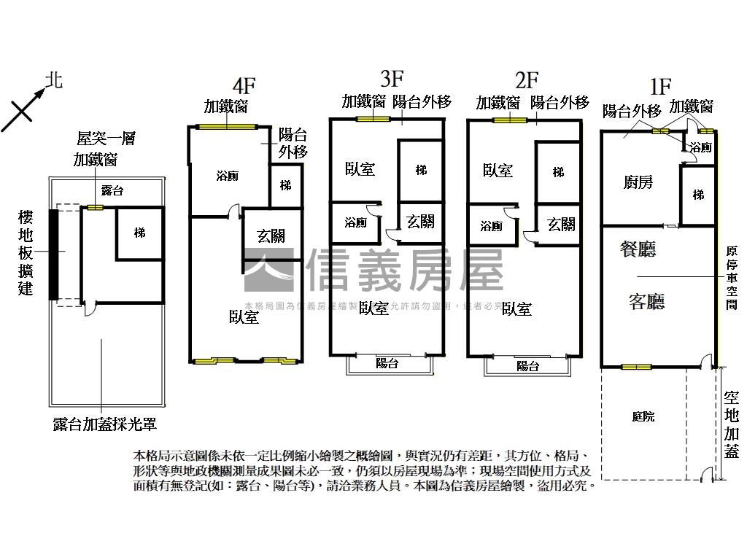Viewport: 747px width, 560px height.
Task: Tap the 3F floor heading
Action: point(392,77)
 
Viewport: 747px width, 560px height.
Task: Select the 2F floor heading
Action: point(526,79)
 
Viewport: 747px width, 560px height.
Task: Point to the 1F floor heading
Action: point(659,87)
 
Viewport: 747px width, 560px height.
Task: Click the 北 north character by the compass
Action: point(54,79)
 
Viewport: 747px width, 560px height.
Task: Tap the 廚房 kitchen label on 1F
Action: point(638,182)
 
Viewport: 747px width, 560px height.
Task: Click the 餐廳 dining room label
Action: point(638,249)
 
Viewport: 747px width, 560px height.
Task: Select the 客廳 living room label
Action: point(646,300)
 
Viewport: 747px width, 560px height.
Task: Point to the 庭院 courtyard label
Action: point(643,416)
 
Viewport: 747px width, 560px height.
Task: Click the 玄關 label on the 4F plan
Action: point(271,236)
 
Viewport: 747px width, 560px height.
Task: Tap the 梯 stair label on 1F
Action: point(698,195)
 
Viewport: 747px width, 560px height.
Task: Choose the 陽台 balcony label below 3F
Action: point(387,363)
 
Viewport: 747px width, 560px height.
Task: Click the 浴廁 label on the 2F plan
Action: point(492,226)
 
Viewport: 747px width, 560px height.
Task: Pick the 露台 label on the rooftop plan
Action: point(112,191)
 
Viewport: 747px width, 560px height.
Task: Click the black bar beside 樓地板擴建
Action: point(53,254)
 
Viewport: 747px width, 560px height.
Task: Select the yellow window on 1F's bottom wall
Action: point(635,366)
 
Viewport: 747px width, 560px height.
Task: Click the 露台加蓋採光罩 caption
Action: point(105,424)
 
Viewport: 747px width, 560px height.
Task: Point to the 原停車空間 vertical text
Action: point(732,277)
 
